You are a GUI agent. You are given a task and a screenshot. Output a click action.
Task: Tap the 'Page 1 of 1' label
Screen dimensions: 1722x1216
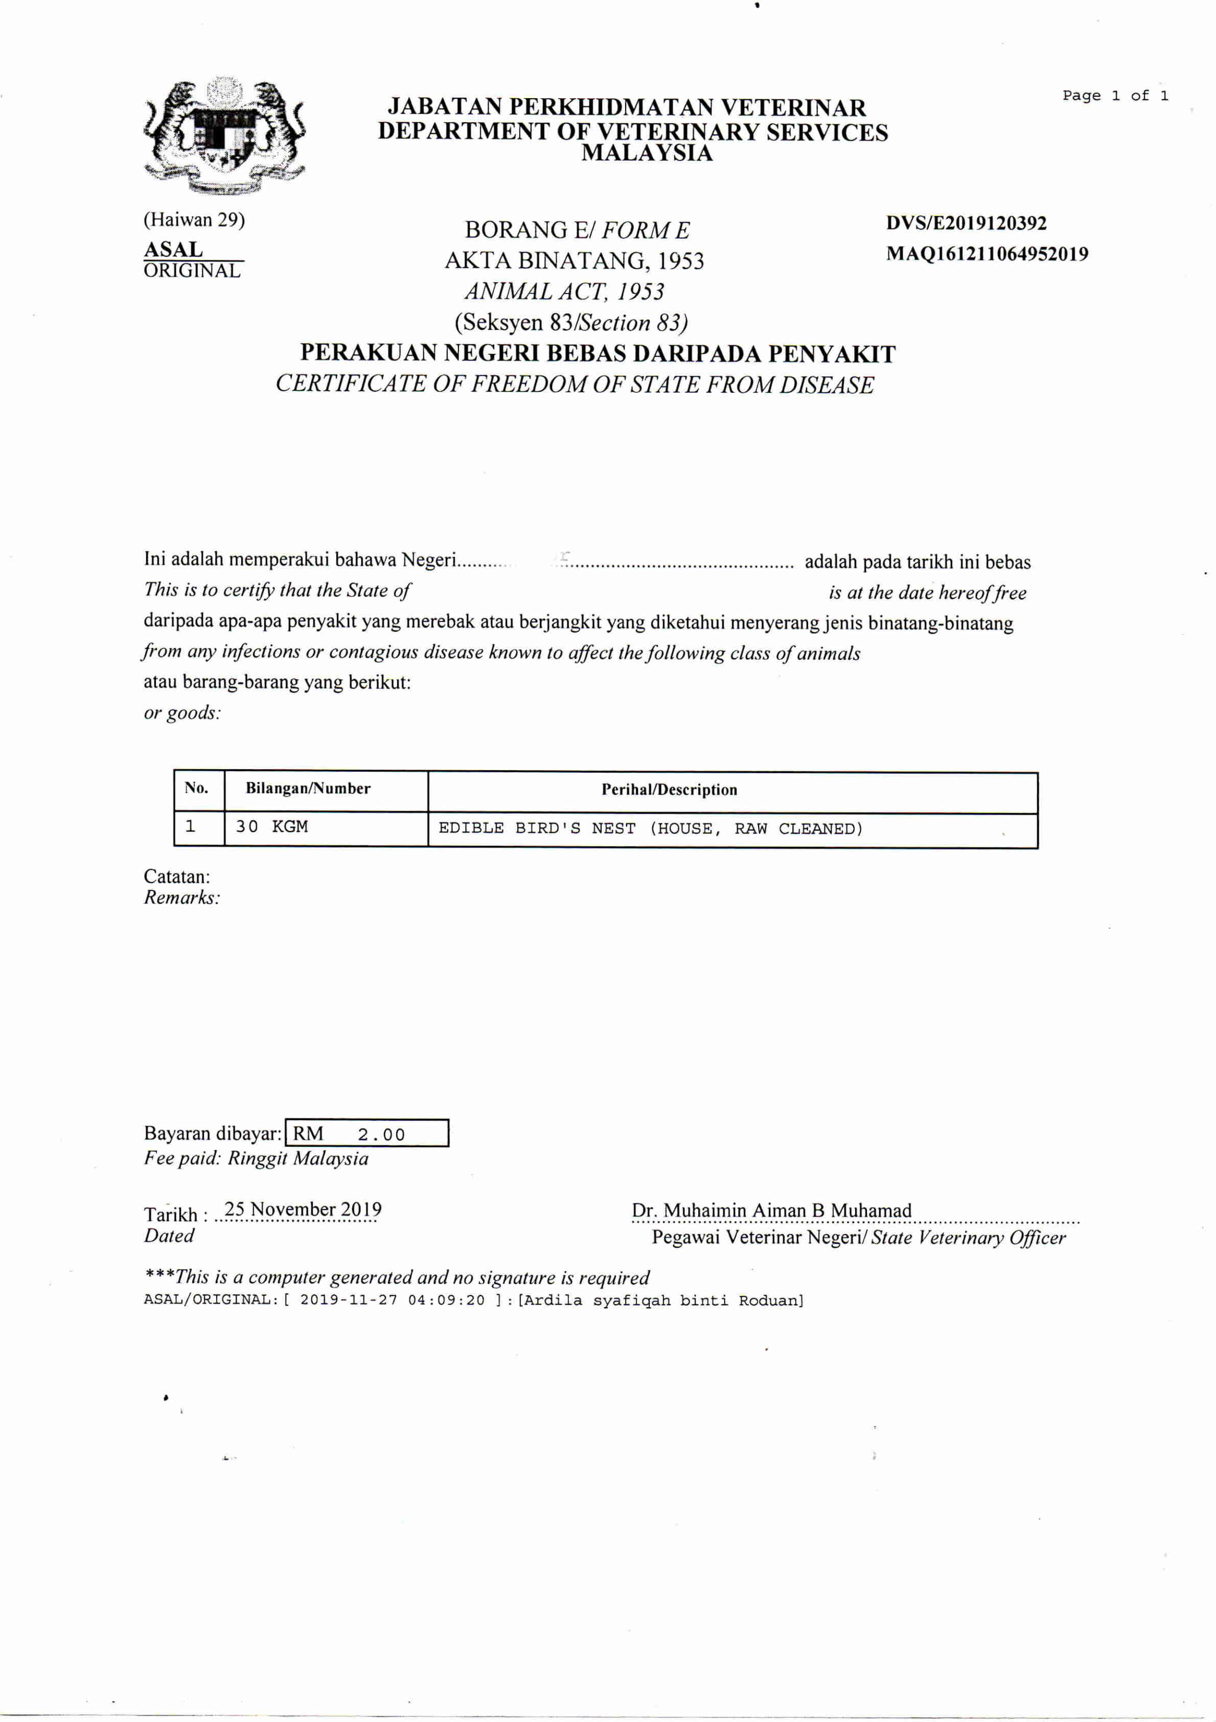1115,96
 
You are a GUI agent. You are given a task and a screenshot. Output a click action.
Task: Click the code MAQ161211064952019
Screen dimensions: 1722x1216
986,254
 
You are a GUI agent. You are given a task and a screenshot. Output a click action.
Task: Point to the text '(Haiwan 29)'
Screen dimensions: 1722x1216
194,220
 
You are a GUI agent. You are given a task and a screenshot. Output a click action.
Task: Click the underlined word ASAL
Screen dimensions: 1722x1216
173,249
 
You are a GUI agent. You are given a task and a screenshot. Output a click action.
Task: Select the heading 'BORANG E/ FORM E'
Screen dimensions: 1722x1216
577,230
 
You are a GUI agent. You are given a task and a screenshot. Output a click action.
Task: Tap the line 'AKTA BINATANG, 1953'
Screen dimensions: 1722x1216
574,261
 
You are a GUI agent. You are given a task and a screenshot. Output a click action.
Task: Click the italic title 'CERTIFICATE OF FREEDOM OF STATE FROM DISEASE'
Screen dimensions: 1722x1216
574,385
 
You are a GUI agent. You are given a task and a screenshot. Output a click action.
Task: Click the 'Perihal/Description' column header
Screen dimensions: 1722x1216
669,790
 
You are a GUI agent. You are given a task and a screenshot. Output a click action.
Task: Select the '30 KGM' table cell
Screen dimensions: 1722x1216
271,826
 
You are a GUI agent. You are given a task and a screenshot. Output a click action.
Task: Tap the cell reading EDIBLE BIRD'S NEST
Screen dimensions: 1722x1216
650,829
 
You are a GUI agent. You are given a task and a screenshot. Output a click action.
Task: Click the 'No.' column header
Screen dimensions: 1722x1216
196,788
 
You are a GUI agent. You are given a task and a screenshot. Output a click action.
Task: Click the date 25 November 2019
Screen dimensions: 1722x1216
303,1210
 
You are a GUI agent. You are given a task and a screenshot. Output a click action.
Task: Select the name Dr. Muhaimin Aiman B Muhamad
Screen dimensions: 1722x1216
771,1211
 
